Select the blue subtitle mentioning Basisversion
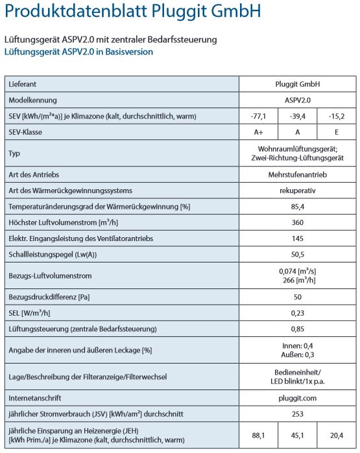click(x=78, y=52)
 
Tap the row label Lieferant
click(x=23, y=84)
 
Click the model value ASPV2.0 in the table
click(x=298, y=100)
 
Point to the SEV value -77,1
click(x=258, y=116)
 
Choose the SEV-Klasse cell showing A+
click(x=258, y=132)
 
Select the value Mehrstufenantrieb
click(x=298, y=174)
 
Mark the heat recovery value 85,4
click(x=298, y=206)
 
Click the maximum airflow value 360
click(x=298, y=222)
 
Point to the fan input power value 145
click(x=298, y=238)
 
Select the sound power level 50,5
click(x=298, y=255)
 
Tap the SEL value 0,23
click(x=298, y=313)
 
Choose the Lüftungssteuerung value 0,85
click(x=298, y=329)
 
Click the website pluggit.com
click(x=298, y=397)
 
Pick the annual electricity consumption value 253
click(x=298, y=413)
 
